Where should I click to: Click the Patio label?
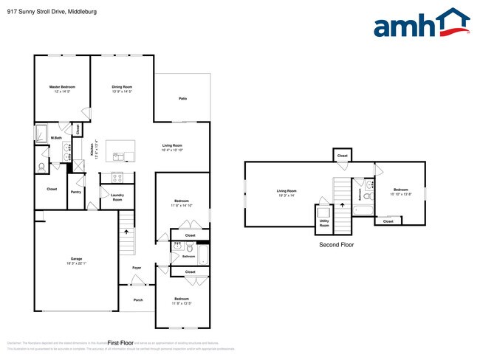point(182,98)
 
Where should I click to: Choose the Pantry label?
point(75,192)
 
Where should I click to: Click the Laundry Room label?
point(117,197)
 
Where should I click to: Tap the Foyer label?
point(137,267)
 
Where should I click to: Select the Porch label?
point(138,300)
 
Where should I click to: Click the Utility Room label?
point(324,222)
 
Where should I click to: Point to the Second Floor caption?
point(336,244)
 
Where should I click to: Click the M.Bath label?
point(56,139)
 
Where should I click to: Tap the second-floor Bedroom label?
point(400,190)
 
